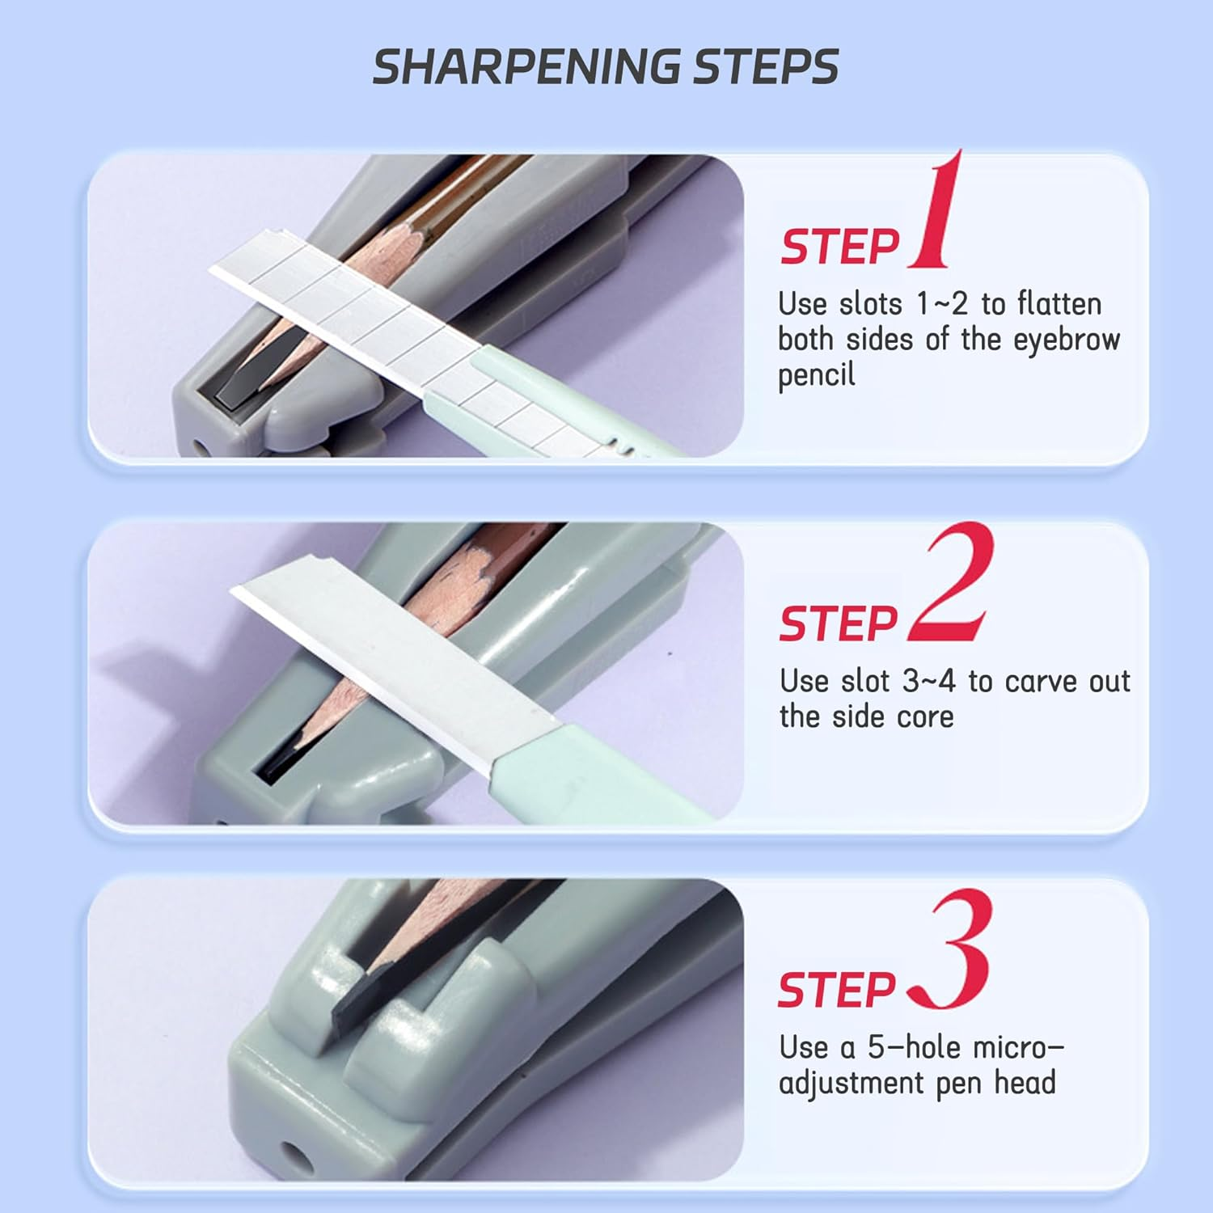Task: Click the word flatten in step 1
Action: [1059, 304]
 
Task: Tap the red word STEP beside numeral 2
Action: [838, 623]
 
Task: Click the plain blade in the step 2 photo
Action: [388, 655]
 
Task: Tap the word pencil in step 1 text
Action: [816, 375]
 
